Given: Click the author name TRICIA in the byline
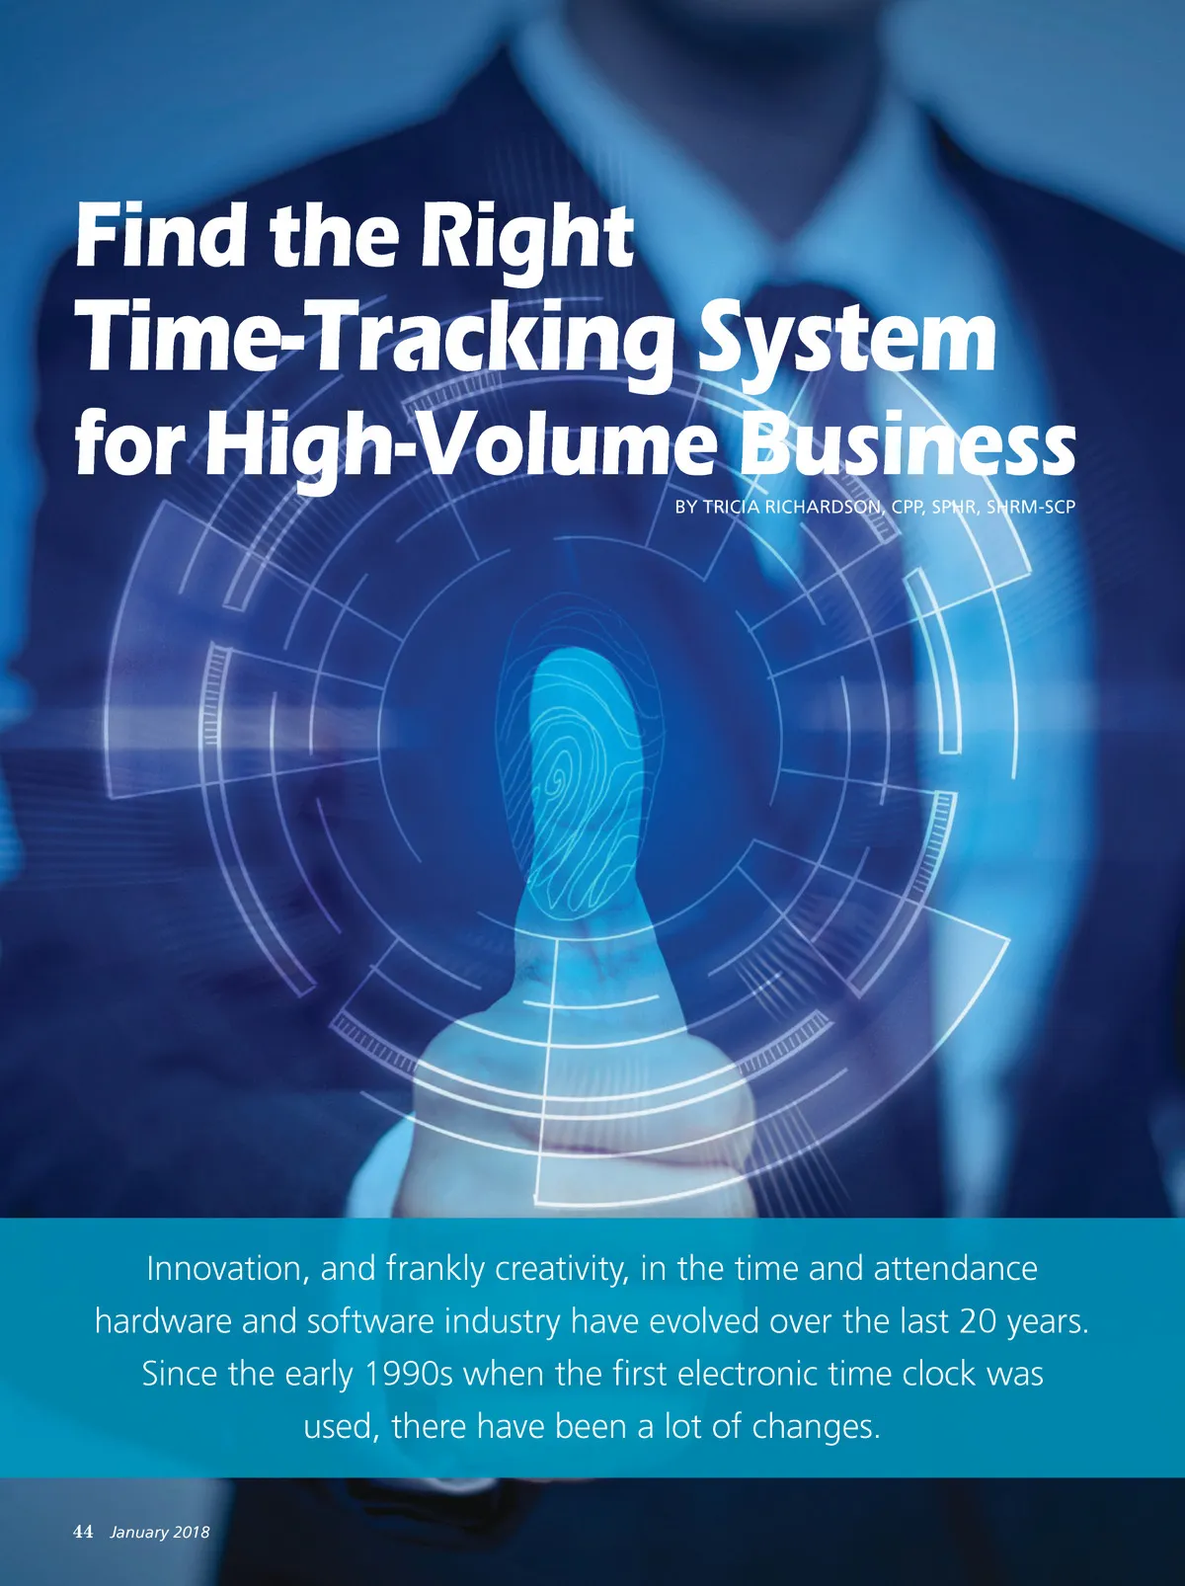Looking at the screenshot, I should pos(732,508).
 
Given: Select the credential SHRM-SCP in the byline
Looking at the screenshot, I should pos(1031,508).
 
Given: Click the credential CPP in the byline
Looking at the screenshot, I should pos(907,508).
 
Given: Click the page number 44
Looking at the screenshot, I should pos(83,1532).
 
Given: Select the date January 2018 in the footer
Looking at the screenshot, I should pos(160,1533).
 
